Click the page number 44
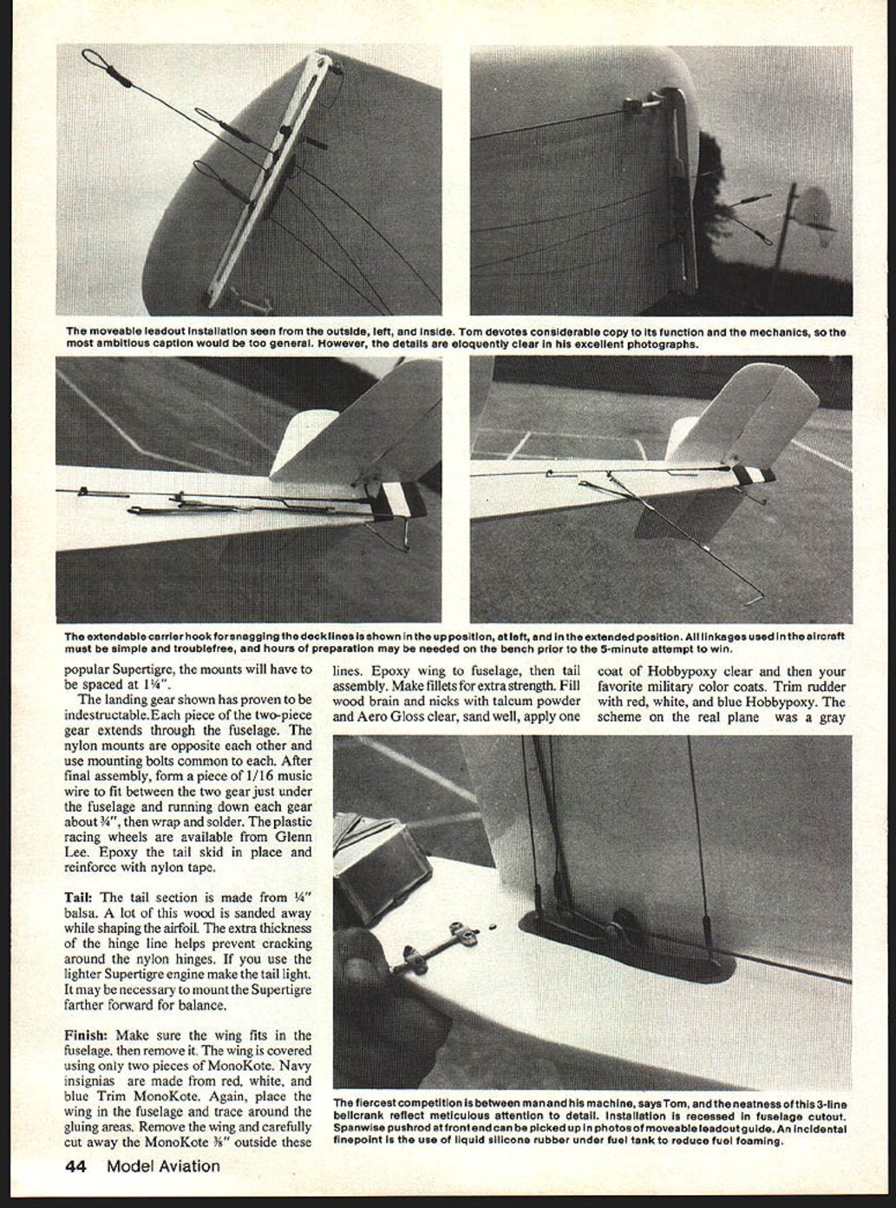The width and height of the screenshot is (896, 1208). point(75,1166)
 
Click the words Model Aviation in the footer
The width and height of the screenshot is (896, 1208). point(163,1166)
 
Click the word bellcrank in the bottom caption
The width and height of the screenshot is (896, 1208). point(356,1116)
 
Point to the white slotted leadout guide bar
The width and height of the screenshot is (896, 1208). point(269,182)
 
